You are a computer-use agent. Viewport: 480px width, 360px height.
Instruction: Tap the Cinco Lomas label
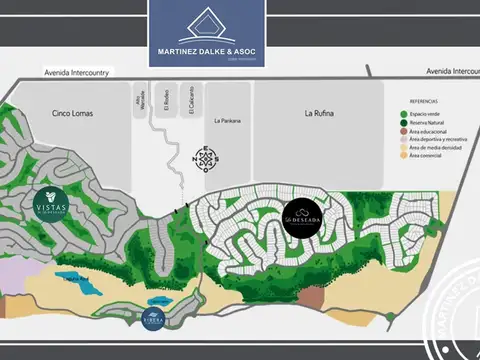[73, 114]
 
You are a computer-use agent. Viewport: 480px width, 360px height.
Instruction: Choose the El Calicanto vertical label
[190, 104]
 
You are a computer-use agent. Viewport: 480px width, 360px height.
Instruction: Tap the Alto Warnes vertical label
[140, 104]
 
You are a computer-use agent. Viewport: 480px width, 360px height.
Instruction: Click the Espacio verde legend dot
[402, 113]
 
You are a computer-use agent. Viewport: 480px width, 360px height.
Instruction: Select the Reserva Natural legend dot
[402, 122]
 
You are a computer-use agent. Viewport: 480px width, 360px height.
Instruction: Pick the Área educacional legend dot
[402, 130]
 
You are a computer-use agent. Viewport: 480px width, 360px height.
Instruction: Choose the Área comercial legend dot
[402, 155]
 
